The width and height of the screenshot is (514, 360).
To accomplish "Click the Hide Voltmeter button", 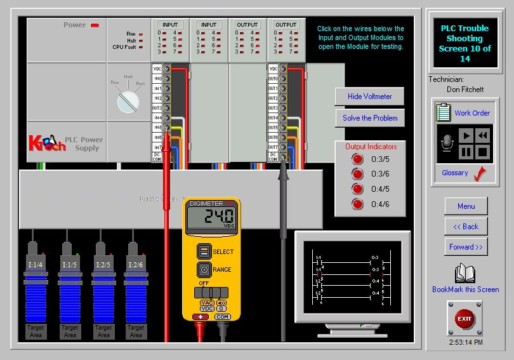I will tap(369, 97).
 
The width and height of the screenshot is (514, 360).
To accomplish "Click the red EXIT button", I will tap(465, 318).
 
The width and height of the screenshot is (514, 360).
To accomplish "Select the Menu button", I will tap(466, 206).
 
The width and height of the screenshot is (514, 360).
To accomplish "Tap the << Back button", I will tap(466, 226).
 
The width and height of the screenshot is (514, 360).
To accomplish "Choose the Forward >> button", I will tap(466, 247).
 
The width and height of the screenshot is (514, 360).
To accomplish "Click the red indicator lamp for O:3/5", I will tap(358, 159).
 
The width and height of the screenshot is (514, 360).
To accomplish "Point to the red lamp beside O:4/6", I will tap(358, 204).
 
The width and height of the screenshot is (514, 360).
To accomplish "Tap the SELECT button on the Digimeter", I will tap(204, 251).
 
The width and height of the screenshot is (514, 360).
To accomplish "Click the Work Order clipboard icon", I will tap(443, 112).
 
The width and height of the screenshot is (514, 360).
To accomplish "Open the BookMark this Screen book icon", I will tap(465, 274).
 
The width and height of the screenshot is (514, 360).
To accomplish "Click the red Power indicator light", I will tap(95, 25).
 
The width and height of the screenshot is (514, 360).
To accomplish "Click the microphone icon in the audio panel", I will tap(447, 143).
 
